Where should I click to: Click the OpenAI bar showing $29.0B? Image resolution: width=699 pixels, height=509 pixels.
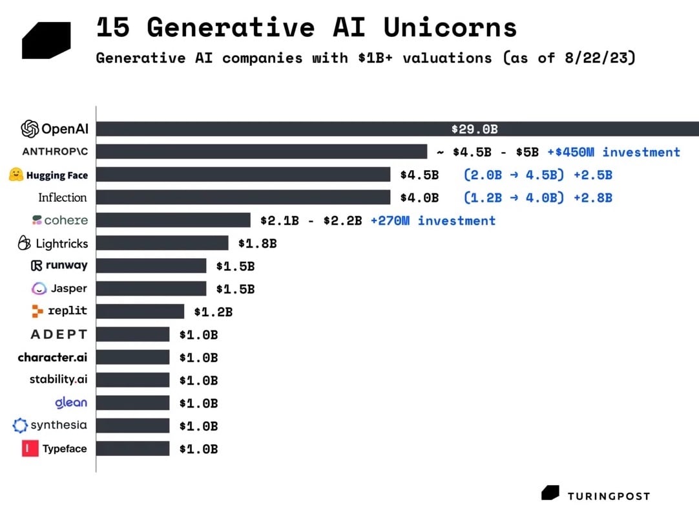click(x=397, y=129)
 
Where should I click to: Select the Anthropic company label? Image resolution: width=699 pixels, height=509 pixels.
click(x=54, y=152)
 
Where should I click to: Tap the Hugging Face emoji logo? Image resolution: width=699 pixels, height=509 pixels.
click(x=16, y=175)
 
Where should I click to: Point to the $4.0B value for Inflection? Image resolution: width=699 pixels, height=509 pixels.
click(x=419, y=197)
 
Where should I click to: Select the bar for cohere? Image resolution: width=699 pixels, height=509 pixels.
click(x=173, y=221)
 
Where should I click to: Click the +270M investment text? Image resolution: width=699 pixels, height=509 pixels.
click(x=433, y=221)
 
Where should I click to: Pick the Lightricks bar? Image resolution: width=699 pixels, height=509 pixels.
click(x=162, y=243)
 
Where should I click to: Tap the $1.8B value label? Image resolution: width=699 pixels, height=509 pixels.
click(x=257, y=244)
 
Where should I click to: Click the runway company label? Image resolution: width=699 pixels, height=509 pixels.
click(x=59, y=265)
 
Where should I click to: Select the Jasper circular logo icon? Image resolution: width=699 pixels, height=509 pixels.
click(x=39, y=288)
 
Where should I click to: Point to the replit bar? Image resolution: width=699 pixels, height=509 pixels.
click(x=140, y=312)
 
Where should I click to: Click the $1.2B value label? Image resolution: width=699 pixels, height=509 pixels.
click(x=213, y=312)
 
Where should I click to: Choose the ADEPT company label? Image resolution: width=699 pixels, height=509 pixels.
click(x=59, y=334)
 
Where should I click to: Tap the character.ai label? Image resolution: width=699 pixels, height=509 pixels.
click(x=52, y=357)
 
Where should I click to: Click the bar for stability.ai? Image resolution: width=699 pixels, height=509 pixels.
click(x=133, y=380)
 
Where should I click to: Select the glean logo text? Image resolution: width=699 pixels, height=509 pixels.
click(x=71, y=402)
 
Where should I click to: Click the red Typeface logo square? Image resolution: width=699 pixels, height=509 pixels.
click(x=30, y=448)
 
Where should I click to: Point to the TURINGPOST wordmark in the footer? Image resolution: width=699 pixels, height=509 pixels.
click(x=609, y=496)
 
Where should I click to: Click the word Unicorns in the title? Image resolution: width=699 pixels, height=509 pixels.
click(x=450, y=28)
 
